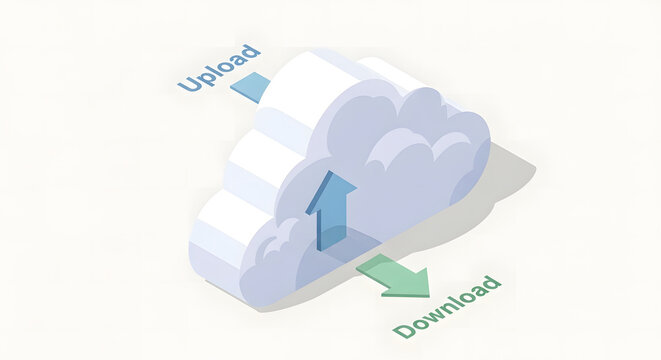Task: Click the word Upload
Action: [220, 68]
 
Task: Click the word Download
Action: [447, 306]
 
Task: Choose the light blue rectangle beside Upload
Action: [251, 86]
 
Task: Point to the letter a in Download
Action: [476, 291]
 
